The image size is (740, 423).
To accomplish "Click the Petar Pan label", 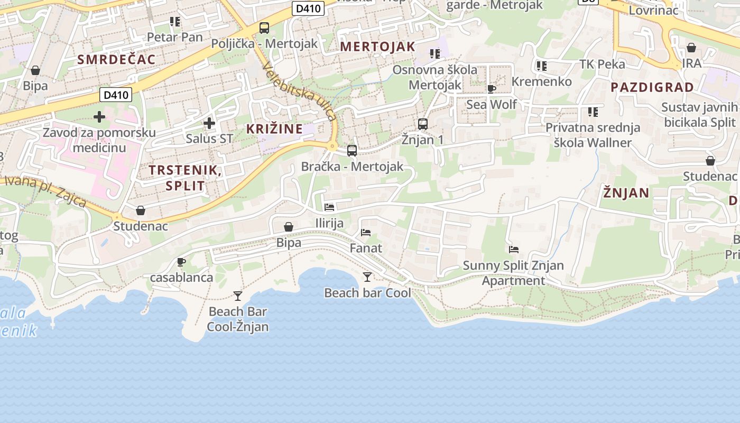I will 174,37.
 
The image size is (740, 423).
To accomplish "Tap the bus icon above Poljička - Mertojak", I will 264,28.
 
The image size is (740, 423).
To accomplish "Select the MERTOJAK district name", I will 377,47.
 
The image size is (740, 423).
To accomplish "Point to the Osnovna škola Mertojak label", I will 434,77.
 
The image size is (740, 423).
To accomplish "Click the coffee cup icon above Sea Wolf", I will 492,89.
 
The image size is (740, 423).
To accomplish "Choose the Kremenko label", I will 542,81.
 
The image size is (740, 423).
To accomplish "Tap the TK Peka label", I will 602,65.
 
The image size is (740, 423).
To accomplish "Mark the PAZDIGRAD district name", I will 652,87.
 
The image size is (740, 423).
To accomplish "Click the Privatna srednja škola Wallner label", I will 593,135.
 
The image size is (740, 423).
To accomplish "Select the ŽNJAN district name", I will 626,193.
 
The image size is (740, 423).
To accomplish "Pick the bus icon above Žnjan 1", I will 423,124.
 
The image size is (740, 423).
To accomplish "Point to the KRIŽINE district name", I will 274,128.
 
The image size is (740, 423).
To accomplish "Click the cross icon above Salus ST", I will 209,123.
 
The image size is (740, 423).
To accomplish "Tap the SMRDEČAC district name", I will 117,59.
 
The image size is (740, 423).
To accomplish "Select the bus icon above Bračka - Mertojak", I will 352,151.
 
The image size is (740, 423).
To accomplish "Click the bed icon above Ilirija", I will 329,207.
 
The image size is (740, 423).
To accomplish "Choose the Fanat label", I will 366,248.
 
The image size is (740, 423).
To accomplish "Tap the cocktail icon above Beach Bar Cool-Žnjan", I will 238,296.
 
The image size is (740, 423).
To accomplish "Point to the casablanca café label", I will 181,277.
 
